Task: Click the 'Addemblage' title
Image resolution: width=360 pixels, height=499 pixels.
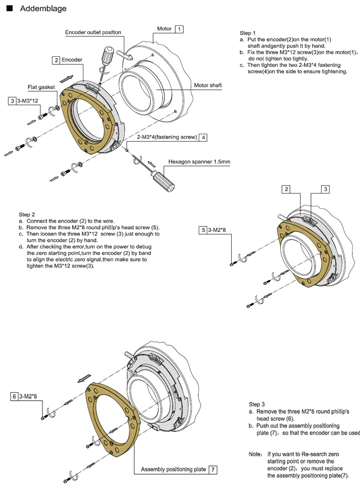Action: point(43,8)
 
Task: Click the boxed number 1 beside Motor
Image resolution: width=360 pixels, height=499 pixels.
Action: point(179,29)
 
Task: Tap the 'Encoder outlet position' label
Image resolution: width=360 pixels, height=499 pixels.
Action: point(93,32)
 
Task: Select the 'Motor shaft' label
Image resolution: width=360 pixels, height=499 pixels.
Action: point(208,85)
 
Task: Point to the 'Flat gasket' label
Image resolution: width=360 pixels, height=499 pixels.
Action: point(41,87)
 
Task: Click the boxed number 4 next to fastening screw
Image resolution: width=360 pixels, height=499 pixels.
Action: point(203,138)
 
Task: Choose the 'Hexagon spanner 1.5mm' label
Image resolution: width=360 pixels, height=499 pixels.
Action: point(199,162)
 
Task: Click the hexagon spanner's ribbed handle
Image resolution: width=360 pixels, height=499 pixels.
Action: point(163,181)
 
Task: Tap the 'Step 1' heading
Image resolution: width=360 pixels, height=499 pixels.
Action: point(248,33)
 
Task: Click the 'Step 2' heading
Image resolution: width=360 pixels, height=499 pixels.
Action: point(27,215)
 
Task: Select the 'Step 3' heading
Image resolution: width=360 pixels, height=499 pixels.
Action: point(257,404)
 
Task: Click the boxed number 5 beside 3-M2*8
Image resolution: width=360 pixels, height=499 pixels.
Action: point(203,230)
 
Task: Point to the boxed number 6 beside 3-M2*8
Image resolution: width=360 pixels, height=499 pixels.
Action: point(14,397)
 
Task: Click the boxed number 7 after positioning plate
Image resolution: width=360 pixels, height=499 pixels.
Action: point(213,470)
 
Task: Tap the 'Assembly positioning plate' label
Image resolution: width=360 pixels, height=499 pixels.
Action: point(173,470)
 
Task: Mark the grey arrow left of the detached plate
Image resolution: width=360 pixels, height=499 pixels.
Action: point(84,378)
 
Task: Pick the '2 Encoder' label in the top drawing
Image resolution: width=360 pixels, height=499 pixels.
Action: point(67,60)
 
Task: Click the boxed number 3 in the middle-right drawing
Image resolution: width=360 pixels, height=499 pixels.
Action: point(326,189)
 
